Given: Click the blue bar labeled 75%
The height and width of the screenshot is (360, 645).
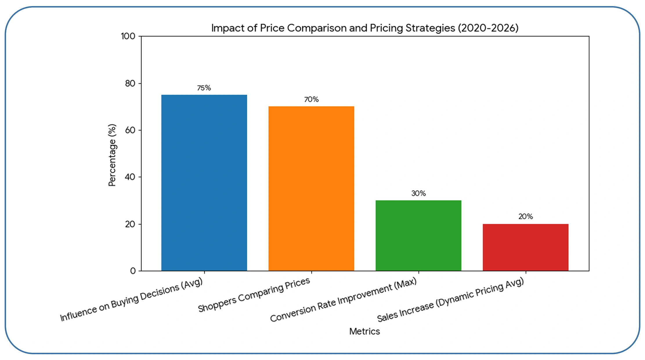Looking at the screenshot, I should pos(204,183).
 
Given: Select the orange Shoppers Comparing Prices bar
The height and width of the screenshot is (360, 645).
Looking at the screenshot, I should pos(311,189).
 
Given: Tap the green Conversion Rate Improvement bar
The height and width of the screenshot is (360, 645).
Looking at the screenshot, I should pos(418,235).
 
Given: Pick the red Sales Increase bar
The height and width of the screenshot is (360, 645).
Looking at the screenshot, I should pos(525,247).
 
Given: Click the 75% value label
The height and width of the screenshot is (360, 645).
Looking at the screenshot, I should pos(204,88).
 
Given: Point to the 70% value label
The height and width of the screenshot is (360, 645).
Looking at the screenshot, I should pos(311,100).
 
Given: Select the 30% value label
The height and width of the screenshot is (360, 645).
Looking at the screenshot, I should pos(418,193).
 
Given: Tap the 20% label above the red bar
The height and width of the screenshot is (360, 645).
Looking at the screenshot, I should pos(525,217).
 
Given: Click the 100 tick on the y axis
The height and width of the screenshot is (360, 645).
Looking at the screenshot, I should pos(128,36).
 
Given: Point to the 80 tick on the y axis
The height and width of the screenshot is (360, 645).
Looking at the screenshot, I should pos(130,83).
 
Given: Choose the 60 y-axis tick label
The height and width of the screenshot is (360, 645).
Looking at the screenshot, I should pos(130,130).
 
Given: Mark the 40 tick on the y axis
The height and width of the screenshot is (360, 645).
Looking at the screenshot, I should pos(130,177).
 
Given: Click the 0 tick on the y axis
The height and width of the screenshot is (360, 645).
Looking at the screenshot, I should pos(133,271).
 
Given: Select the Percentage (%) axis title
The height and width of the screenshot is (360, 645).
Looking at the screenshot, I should pos(112,155).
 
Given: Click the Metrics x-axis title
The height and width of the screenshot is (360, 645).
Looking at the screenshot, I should pos(364,331).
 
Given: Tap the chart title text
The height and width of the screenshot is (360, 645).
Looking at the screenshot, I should pos(365,28).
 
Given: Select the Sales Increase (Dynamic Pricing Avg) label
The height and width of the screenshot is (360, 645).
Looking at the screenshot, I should pos(450,300).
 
